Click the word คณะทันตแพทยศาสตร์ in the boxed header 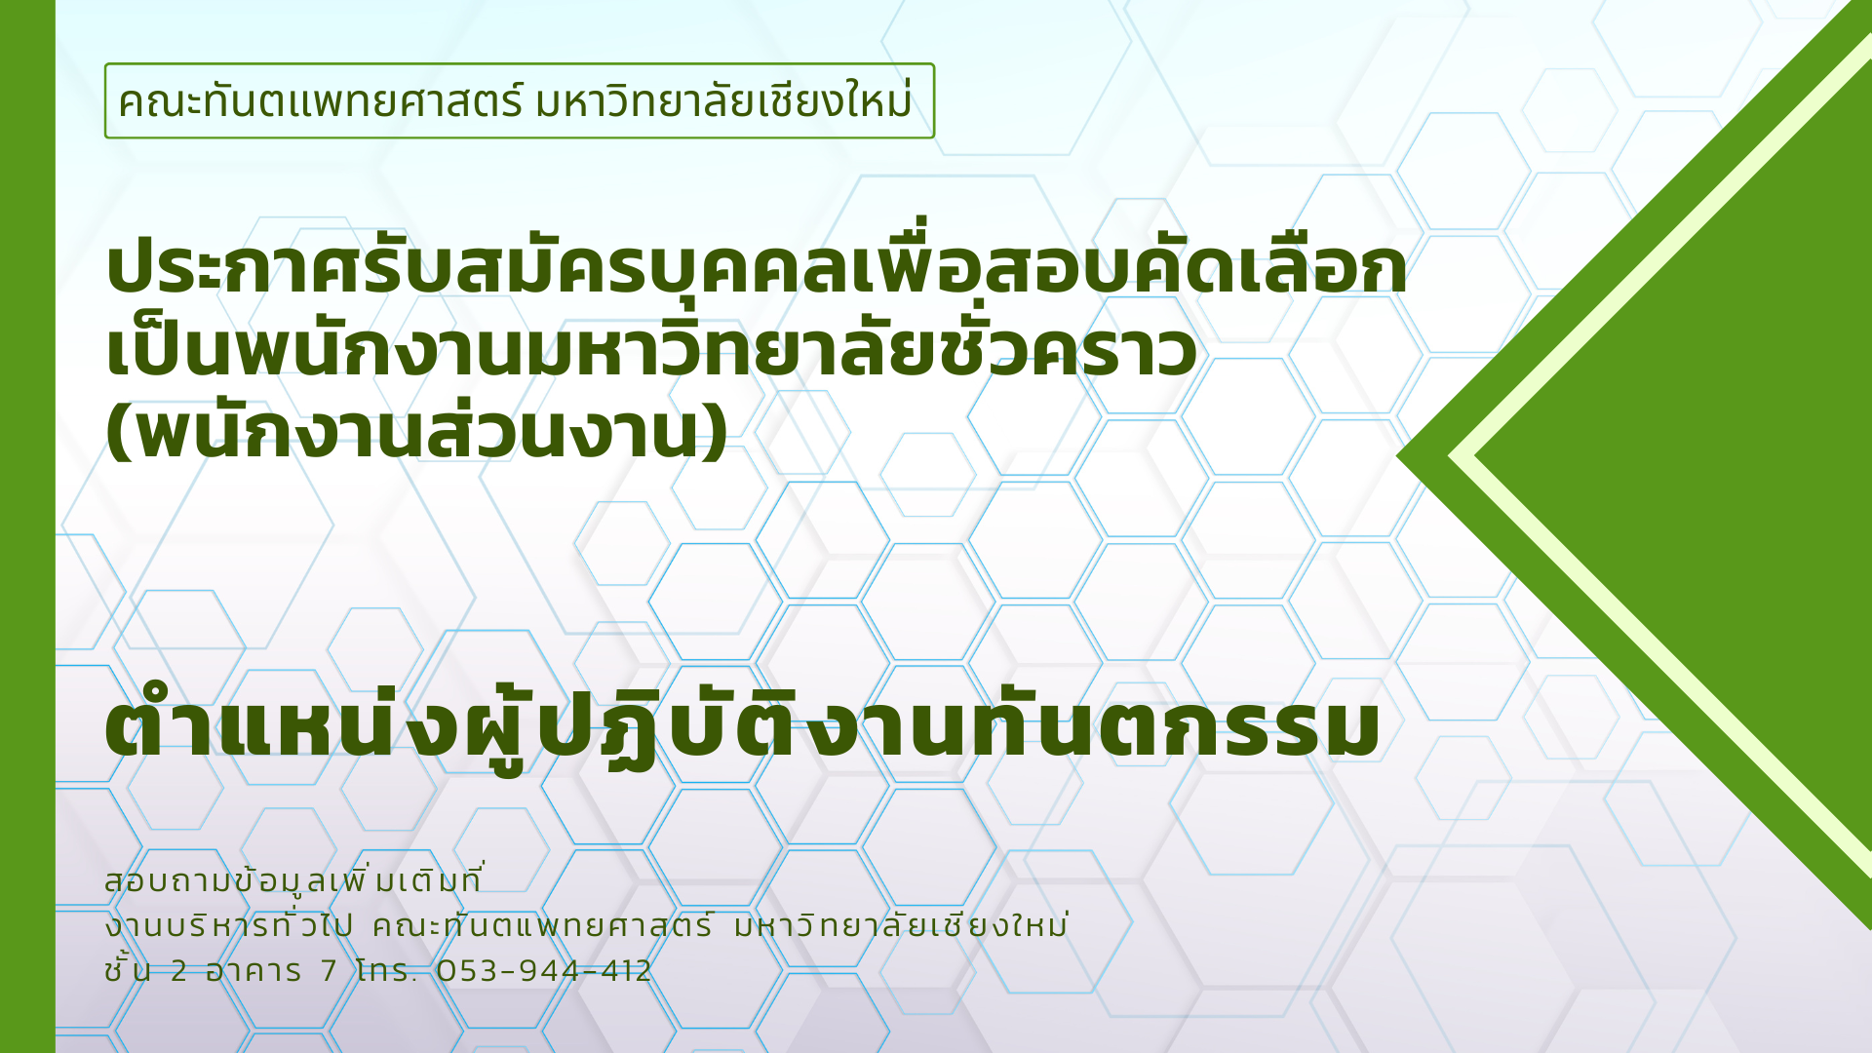[x=322, y=101]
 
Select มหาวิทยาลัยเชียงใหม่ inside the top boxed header [x=724, y=101]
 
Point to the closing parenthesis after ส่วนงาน [x=715, y=433]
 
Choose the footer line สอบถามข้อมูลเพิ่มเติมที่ [x=293, y=879]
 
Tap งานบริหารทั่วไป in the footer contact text [x=228, y=924]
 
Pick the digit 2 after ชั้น [x=178, y=971]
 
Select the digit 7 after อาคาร [x=329, y=971]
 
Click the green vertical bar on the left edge [x=27, y=526]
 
